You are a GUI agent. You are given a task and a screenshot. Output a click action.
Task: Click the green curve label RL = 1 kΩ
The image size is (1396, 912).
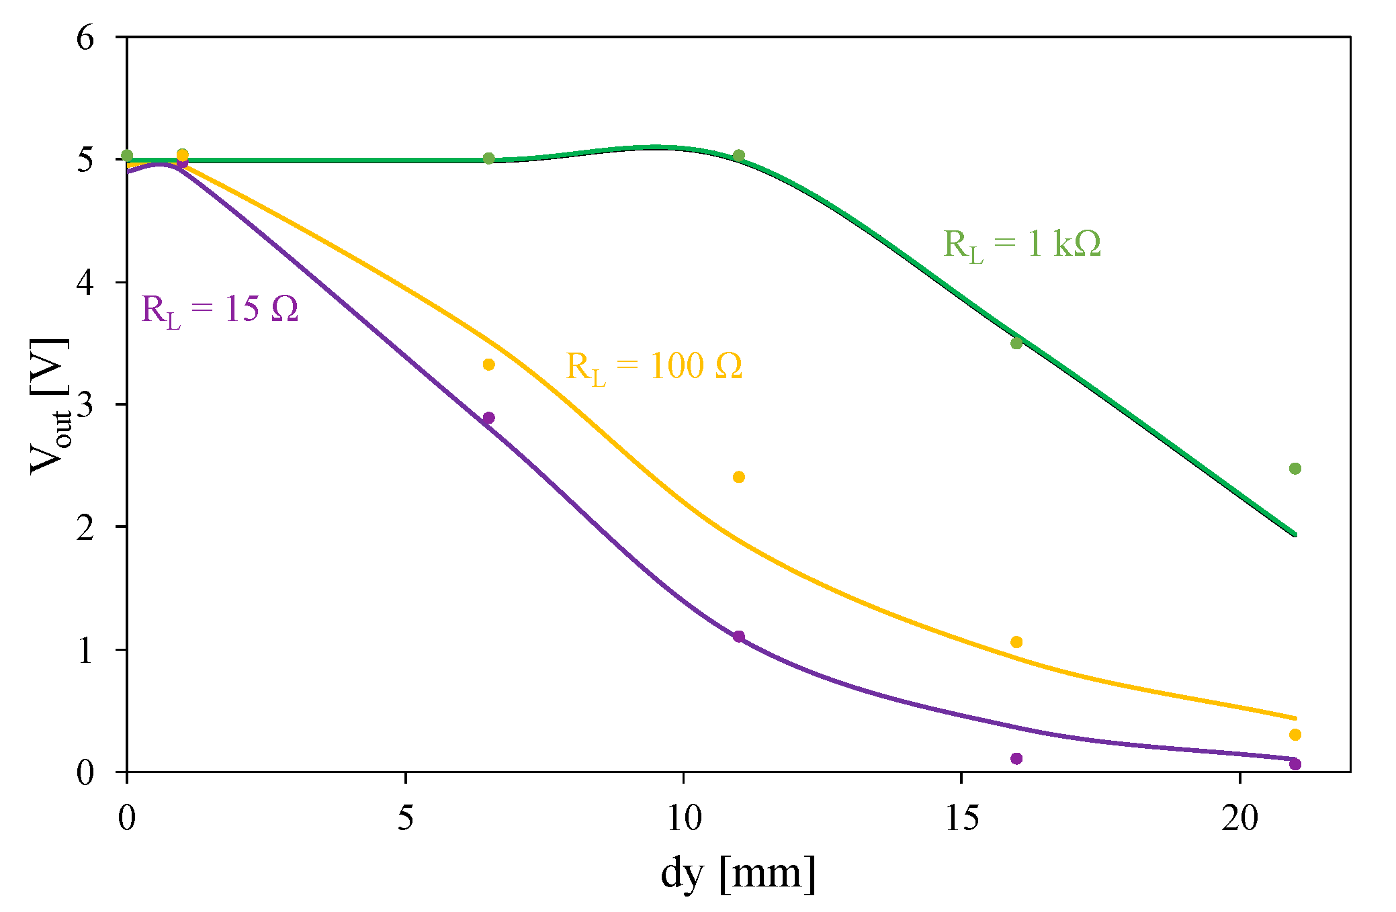coord(1022,244)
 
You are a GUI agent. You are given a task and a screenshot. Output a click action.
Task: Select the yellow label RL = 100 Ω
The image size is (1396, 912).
coord(654,367)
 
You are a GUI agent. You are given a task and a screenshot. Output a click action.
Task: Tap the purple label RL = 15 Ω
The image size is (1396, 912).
coord(220,310)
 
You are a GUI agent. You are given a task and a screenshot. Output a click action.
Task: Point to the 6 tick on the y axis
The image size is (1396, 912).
coord(85,38)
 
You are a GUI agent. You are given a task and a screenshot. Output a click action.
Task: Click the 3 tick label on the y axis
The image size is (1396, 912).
coord(85,404)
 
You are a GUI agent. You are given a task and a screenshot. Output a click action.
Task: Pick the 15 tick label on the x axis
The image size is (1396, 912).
coord(961,818)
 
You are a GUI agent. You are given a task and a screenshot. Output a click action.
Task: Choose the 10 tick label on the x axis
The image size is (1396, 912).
coord(683,818)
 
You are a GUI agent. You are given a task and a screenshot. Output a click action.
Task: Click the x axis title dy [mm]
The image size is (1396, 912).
coord(738,874)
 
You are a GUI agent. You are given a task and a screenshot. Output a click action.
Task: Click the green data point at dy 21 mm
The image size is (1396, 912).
coord(1295,469)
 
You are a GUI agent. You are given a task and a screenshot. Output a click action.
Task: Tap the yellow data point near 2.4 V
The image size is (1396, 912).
coord(739,477)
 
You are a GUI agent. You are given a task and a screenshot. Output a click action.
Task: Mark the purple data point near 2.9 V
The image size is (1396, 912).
coord(489,418)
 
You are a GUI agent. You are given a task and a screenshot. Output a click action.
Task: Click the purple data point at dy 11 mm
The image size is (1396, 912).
coord(739,637)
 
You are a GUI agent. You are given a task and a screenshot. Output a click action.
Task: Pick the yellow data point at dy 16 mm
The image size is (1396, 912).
coord(1016,643)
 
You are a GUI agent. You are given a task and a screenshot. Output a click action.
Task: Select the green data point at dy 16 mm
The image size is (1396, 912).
coord(1016,343)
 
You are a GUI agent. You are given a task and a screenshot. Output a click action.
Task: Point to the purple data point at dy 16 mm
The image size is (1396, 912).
coord(1016,759)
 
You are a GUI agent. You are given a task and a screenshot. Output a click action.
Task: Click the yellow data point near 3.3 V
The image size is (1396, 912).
coord(489,365)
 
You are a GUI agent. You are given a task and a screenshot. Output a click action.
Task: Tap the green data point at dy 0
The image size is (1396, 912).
coord(127,156)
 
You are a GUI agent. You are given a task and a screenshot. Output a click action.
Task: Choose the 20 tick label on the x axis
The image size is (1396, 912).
coord(1239,818)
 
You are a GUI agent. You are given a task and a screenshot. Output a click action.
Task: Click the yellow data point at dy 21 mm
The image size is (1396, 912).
coord(1295,735)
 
